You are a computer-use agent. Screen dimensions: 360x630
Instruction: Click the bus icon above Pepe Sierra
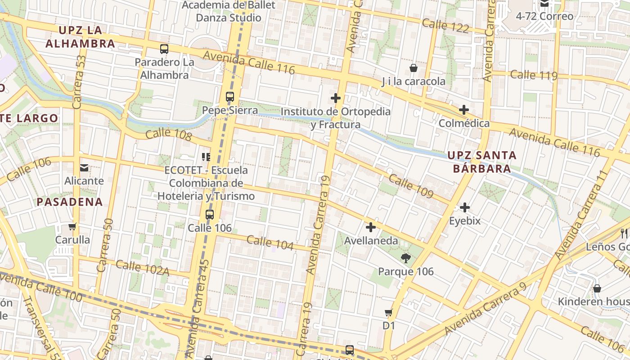pyautogui.click(x=230, y=97)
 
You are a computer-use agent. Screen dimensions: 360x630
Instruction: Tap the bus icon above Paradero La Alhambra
pyautogui.click(x=164, y=49)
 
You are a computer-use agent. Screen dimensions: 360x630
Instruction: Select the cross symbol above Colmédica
pyautogui.click(x=464, y=110)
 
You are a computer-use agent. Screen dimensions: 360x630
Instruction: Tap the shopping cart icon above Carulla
pyautogui.click(x=72, y=226)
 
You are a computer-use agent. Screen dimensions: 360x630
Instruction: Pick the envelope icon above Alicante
pyautogui.click(x=84, y=168)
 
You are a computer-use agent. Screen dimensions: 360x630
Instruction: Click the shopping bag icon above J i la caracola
pyautogui.click(x=414, y=68)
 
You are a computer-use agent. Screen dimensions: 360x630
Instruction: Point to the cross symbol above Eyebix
pyautogui.click(x=465, y=207)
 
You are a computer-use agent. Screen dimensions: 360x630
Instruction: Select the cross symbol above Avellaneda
pyautogui.click(x=371, y=227)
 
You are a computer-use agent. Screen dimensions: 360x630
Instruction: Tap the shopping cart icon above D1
pyautogui.click(x=389, y=312)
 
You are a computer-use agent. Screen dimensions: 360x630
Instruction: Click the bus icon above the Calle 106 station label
pyautogui.click(x=210, y=215)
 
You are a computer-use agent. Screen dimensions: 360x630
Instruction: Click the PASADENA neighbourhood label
pyautogui.click(x=70, y=202)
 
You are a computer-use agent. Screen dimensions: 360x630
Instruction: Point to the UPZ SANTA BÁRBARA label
pyautogui.click(x=482, y=162)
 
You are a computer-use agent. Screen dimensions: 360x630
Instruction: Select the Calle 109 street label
pyautogui.click(x=411, y=186)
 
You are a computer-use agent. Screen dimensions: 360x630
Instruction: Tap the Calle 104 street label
pyautogui.click(x=270, y=243)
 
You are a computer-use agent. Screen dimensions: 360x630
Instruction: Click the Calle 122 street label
pyautogui.click(x=445, y=26)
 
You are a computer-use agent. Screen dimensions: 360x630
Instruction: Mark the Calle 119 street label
pyautogui.click(x=534, y=75)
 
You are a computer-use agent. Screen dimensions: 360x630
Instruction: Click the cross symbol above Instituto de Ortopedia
pyautogui.click(x=336, y=98)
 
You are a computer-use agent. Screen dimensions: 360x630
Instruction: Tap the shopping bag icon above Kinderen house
pyautogui.click(x=597, y=288)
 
